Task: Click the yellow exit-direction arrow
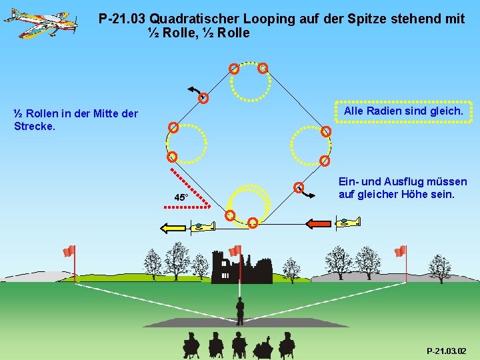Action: click(173, 228)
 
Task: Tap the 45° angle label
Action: click(181, 197)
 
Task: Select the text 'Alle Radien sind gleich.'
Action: click(403, 111)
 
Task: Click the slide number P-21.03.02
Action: click(447, 351)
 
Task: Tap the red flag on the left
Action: click(69, 251)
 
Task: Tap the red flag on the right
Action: click(400, 251)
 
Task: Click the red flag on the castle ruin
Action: click(235, 251)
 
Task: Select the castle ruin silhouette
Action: click(241, 268)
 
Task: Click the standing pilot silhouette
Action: click(240, 310)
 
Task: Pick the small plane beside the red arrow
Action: click(348, 222)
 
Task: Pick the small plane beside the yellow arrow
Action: click(202, 227)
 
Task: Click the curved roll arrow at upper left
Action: click(195, 91)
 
